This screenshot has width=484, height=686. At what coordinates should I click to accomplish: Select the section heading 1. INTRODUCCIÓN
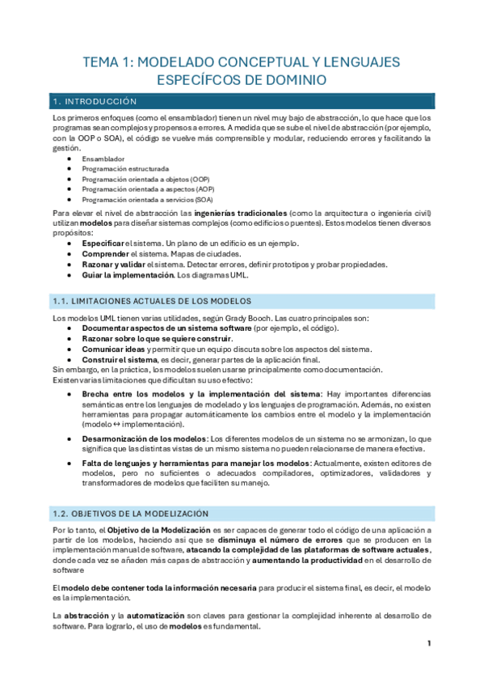pyautogui.click(x=94, y=101)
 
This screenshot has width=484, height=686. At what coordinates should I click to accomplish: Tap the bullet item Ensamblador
pyautogui.click(x=103, y=159)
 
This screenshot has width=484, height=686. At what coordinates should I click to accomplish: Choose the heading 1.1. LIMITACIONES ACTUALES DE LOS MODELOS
pyautogui.click(x=151, y=300)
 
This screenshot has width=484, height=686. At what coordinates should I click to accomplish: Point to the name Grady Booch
pyautogui.click(x=246, y=318)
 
